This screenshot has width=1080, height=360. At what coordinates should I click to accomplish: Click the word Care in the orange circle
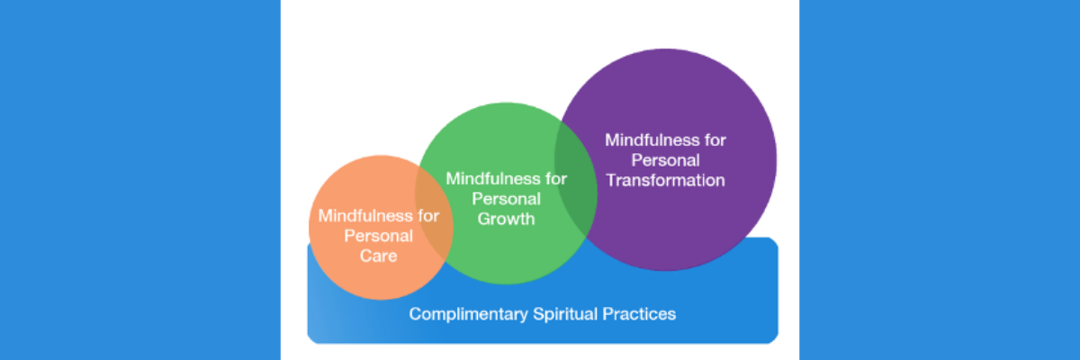pyautogui.click(x=379, y=256)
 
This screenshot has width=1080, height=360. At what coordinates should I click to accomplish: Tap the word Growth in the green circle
pyautogui.click(x=507, y=219)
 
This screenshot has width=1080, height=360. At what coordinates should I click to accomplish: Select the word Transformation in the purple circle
pyautogui.click(x=665, y=180)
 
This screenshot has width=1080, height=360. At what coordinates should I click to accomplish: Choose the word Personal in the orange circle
pyautogui.click(x=379, y=236)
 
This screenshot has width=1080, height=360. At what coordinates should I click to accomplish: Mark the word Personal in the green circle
pyautogui.click(x=507, y=198)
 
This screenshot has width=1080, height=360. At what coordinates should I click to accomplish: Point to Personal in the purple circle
pyautogui.click(x=665, y=160)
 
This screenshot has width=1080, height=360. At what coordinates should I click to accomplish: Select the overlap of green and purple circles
pyautogui.click(x=577, y=181)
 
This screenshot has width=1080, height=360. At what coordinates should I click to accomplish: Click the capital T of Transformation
pyautogui.click(x=611, y=180)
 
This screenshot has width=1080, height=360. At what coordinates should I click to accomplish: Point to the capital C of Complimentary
pyautogui.click(x=415, y=315)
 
